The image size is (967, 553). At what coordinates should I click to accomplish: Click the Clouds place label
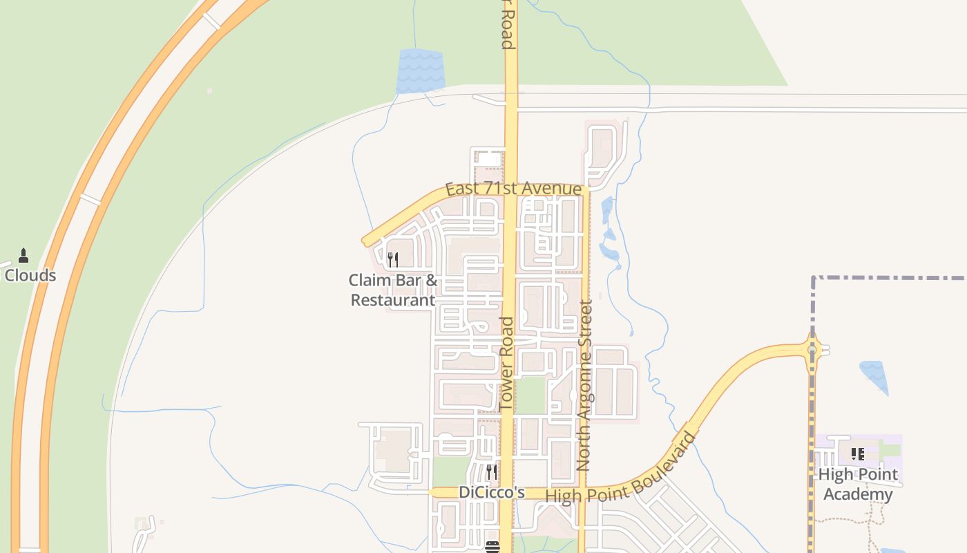[30, 275]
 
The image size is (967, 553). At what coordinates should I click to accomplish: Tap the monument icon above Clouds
[23, 256]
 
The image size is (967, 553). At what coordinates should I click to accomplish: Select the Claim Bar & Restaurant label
[393, 290]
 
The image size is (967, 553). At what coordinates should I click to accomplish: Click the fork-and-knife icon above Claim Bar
[392, 260]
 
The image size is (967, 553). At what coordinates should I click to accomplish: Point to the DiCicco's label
[492, 493]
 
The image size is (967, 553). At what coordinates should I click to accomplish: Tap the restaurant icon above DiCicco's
[492, 472]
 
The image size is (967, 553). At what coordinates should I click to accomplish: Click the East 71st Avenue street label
[513, 189]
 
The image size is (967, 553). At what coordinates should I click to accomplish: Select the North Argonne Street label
[585, 385]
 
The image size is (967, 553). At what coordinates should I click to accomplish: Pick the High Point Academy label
[858, 484]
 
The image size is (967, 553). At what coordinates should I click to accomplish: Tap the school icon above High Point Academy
[857, 454]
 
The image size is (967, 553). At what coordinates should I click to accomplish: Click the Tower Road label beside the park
[507, 363]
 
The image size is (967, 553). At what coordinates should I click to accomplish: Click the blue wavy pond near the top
[420, 71]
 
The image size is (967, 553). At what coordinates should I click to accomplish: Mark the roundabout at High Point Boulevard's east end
[812, 350]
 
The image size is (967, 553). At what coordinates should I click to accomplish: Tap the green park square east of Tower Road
[530, 395]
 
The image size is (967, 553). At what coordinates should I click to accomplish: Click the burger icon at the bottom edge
[492, 547]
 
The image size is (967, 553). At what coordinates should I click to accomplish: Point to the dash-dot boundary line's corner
[814, 279]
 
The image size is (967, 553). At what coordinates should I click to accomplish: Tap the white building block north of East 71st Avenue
[488, 160]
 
